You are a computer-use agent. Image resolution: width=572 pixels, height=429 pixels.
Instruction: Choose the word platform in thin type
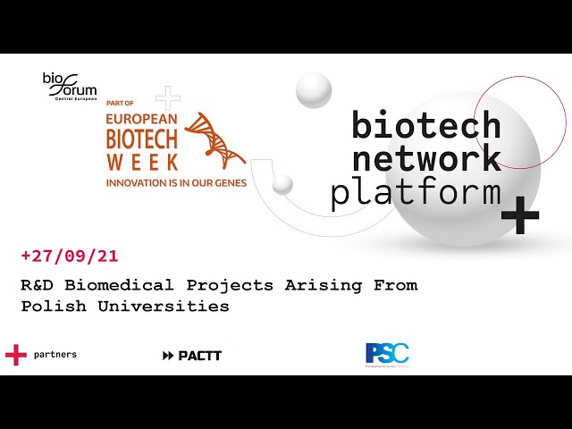point(415,192)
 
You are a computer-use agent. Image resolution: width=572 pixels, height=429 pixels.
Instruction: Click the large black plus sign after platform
point(520,216)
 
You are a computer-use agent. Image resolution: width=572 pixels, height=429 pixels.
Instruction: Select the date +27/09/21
point(70,257)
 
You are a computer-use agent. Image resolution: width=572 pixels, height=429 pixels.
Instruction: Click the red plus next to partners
point(16,355)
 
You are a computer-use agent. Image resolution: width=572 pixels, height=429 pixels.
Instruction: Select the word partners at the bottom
point(55,355)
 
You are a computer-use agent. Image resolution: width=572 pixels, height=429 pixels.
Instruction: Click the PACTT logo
point(192,356)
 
